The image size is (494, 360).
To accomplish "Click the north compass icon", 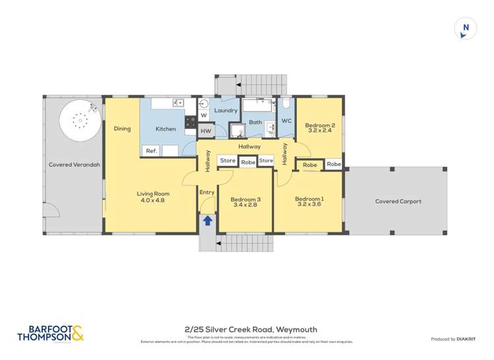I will (x=466, y=29).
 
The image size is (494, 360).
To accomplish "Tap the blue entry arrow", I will (x=207, y=221).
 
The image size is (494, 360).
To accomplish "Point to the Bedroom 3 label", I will (x=245, y=202).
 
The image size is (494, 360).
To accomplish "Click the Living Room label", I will (x=153, y=197).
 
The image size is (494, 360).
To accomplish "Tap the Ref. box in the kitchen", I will (x=151, y=151).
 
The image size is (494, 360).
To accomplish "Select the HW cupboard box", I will (x=206, y=131).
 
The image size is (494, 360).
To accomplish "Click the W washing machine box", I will (x=204, y=116).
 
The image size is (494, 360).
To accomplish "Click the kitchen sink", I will (x=178, y=103).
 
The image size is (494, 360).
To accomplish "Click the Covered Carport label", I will (x=398, y=201).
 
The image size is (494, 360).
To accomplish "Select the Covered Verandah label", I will (x=74, y=165).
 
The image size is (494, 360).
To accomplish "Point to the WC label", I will (x=287, y=121).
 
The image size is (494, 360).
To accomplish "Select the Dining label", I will (x=122, y=129).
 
